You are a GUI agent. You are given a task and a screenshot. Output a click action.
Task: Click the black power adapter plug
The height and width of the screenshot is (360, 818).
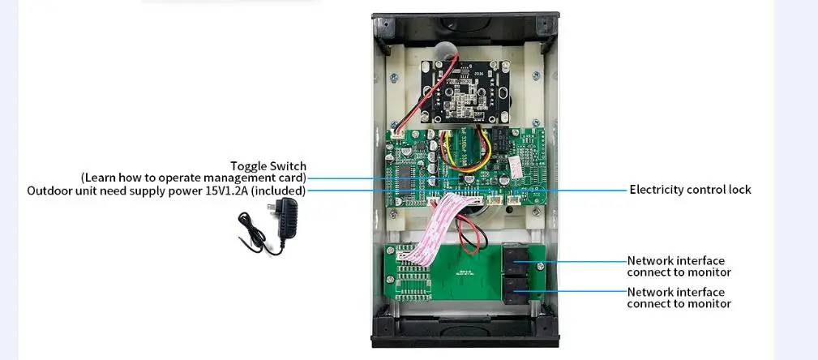pos(286,220)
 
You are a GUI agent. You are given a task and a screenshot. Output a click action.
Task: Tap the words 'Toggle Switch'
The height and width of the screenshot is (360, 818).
pos(268,166)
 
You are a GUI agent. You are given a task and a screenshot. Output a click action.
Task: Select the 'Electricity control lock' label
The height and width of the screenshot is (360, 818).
pos(690,190)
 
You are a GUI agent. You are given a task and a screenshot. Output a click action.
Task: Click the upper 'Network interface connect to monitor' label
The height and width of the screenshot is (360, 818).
pos(679,267)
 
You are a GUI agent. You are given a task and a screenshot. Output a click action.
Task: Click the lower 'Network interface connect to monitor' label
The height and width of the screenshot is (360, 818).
pos(679,298)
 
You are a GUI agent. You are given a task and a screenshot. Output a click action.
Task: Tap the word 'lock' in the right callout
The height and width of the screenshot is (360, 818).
pos(738,190)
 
